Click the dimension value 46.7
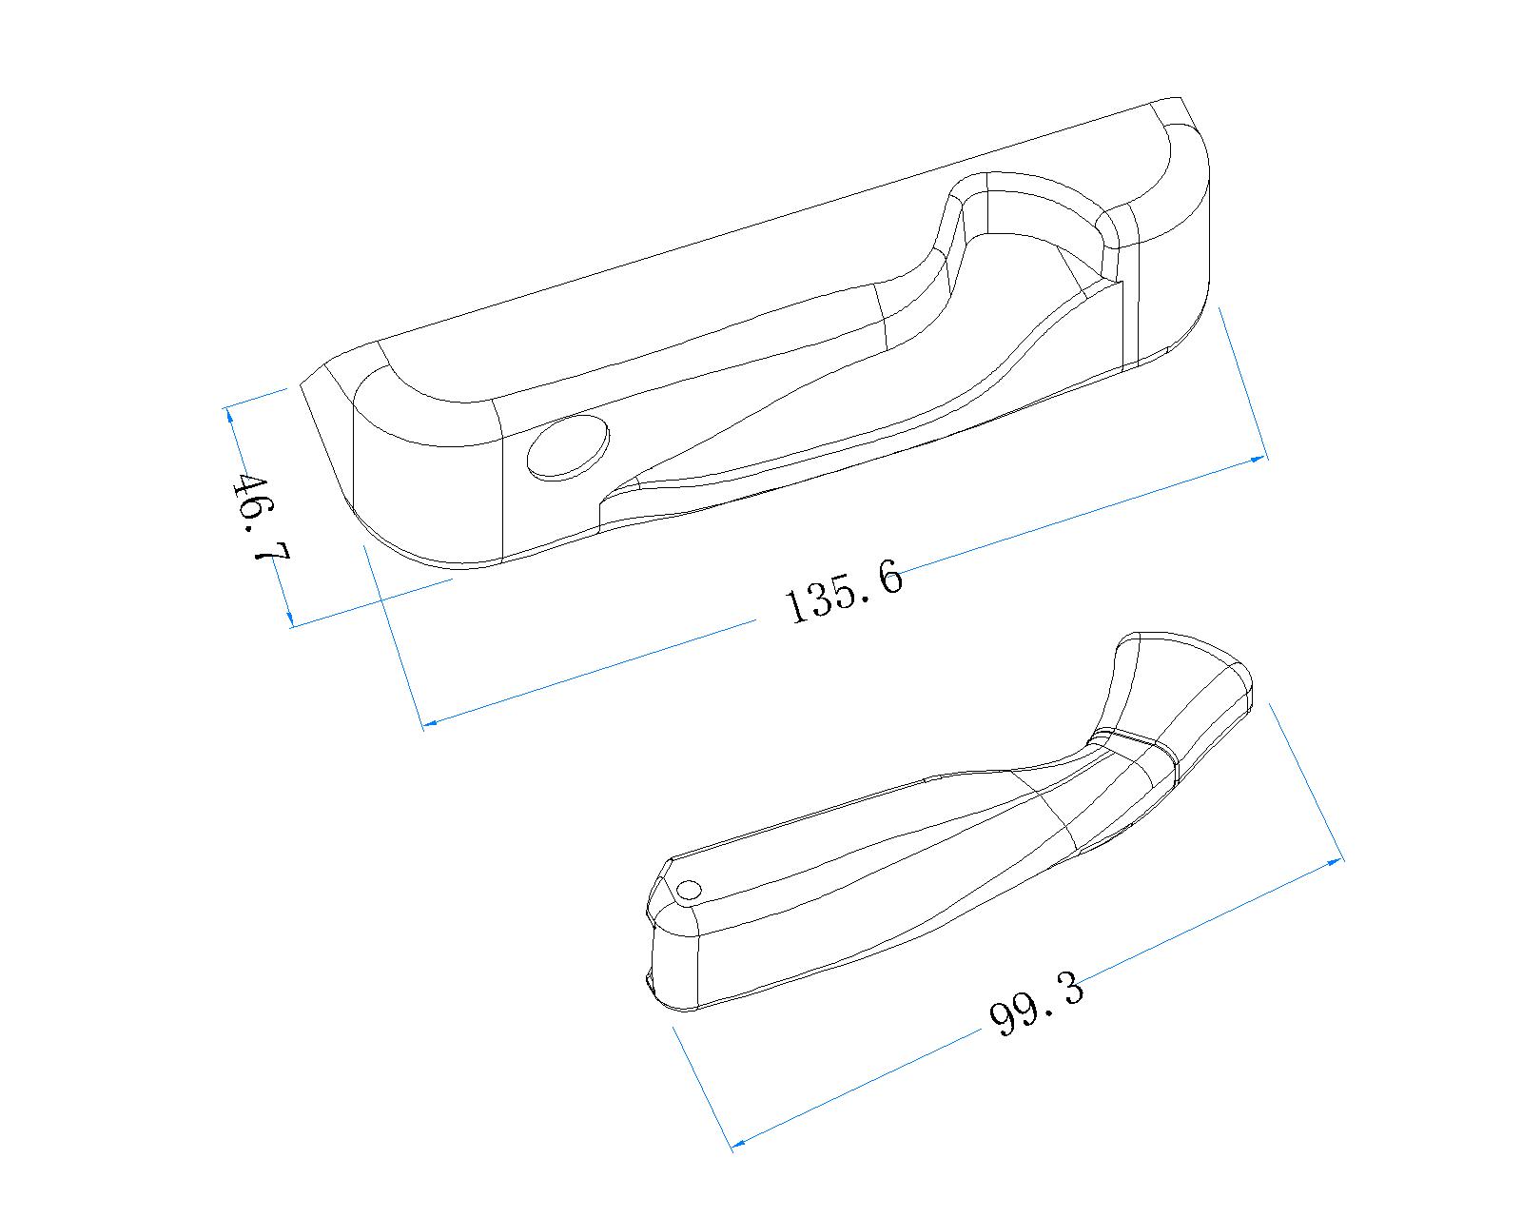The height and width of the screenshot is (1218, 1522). (261, 518)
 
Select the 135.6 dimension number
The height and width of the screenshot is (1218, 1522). (843, 591)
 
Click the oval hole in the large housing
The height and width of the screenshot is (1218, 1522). (568, 448)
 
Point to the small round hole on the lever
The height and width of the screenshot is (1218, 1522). (689, 890)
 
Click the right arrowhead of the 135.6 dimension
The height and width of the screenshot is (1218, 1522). (1258, 460)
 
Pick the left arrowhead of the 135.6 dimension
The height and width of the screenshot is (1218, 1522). (429, 722)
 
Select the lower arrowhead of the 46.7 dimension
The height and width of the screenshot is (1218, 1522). (288, 617)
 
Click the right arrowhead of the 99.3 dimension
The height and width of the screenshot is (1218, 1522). (1335, 861)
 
